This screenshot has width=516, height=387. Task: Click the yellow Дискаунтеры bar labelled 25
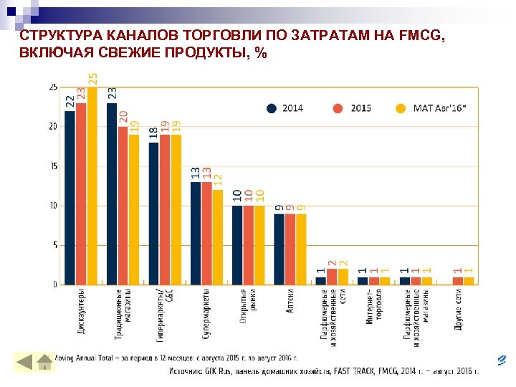pos(92,186)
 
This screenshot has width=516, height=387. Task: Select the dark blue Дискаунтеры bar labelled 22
pos(70,198)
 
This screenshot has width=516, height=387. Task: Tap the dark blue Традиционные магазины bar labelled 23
pos(112,193)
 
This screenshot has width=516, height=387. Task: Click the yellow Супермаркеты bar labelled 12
pos(217,237)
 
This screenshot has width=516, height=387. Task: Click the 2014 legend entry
pos(286,108)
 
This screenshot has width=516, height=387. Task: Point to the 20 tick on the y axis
pos(53,127)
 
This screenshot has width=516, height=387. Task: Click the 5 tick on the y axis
pos(55,245)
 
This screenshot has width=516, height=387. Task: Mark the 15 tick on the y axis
pos(53,166)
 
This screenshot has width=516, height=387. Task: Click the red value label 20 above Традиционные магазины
pos(123,118)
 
